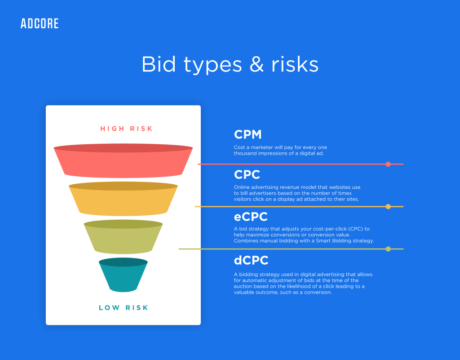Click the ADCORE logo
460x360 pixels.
coord(40,23)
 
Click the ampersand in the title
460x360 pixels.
coord(257,64)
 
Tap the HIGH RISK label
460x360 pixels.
coord(126,129)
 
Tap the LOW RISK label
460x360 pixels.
coord(124,307)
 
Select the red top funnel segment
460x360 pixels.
coord(123,161)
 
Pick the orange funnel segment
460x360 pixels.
coord(123,199)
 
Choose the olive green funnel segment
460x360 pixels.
coord(123,237)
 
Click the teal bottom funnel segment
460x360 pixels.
coord(123,275)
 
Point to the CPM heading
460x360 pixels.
coord(248,134)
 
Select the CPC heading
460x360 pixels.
coord(247,174)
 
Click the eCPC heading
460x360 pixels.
coord(251,217)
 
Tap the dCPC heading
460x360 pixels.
coord(251,260)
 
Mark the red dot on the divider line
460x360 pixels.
coord(388,164)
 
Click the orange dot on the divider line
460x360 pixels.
coord(388,207)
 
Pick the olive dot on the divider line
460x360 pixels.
coord(388,249)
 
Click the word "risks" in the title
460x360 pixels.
coord(295,64)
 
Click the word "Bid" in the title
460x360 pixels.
coord(159,64)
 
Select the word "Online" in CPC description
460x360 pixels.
coord(241,187)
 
